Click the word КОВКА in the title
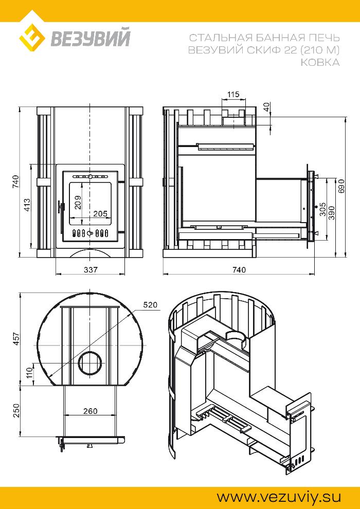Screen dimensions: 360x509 320,62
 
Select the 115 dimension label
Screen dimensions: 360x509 233,95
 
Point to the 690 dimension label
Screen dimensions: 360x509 340,186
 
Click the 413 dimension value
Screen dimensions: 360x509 27,206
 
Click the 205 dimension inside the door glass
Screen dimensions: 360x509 100,213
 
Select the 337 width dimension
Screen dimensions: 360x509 91,269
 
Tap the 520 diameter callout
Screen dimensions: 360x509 150,305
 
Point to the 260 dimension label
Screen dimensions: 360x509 90,411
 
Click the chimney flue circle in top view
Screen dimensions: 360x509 91,363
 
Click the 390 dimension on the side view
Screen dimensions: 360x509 331,213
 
